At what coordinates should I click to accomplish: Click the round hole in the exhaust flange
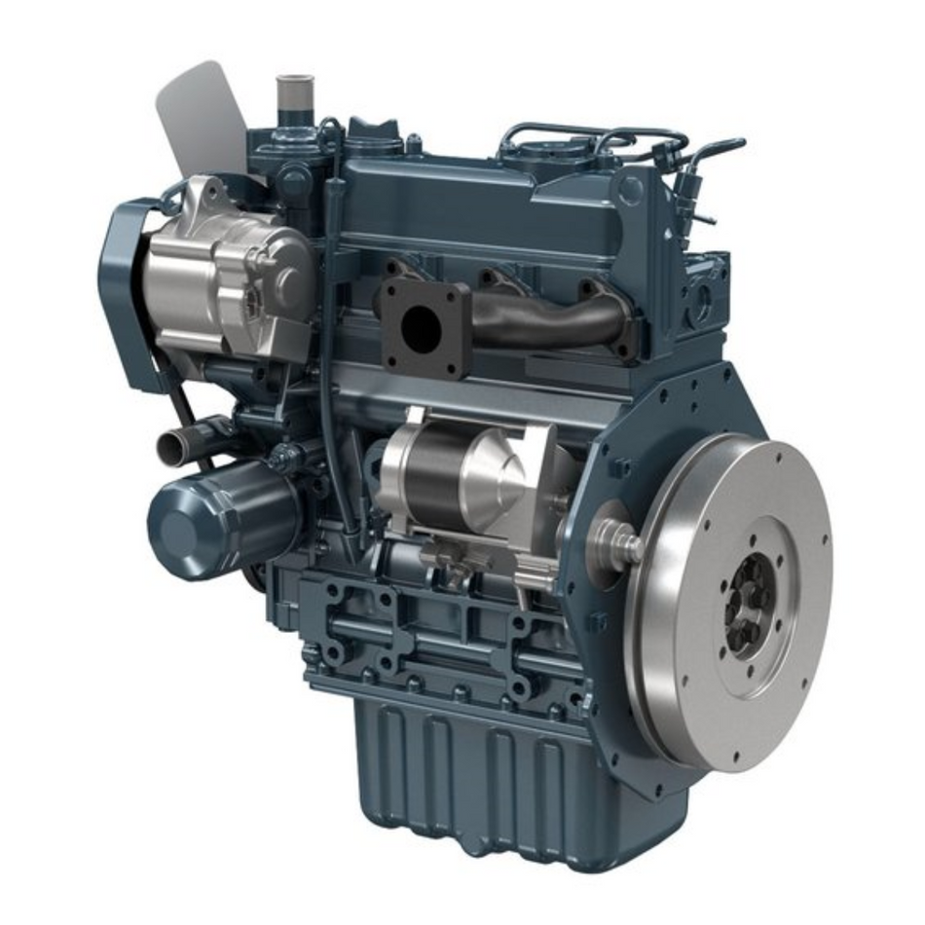[x=419, y=330]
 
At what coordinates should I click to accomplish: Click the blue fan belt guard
[x=122, y=282]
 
